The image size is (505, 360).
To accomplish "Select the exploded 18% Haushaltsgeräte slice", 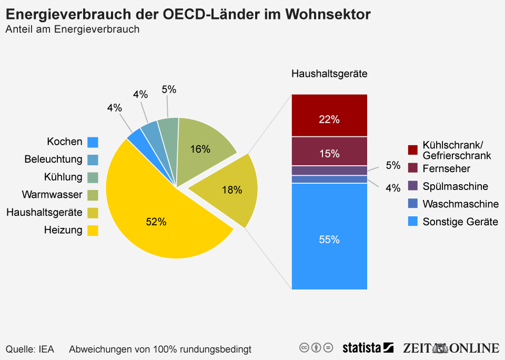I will (x=229, y=189).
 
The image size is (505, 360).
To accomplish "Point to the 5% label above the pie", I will (x=169, y=89).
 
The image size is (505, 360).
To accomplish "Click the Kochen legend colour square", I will (x=93, y=142).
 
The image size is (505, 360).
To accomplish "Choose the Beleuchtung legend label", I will (x=54, y=159).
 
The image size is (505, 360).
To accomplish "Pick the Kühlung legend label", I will (x=63, y=177).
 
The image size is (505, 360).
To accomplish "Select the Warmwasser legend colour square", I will (x=93, y=195).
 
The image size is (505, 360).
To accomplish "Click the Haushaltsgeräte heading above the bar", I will (x=329, y=74).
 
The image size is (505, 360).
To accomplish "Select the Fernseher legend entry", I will (x=446, y=168).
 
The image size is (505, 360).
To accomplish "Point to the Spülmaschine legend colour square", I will (x=413, y=186).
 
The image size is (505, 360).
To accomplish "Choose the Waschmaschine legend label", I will (x=460, y=204).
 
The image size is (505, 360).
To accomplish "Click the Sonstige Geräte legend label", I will (x=460, y=222).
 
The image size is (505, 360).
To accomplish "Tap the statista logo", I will (x=368, y=347).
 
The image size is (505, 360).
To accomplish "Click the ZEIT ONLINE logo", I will (x=451, y=347).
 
